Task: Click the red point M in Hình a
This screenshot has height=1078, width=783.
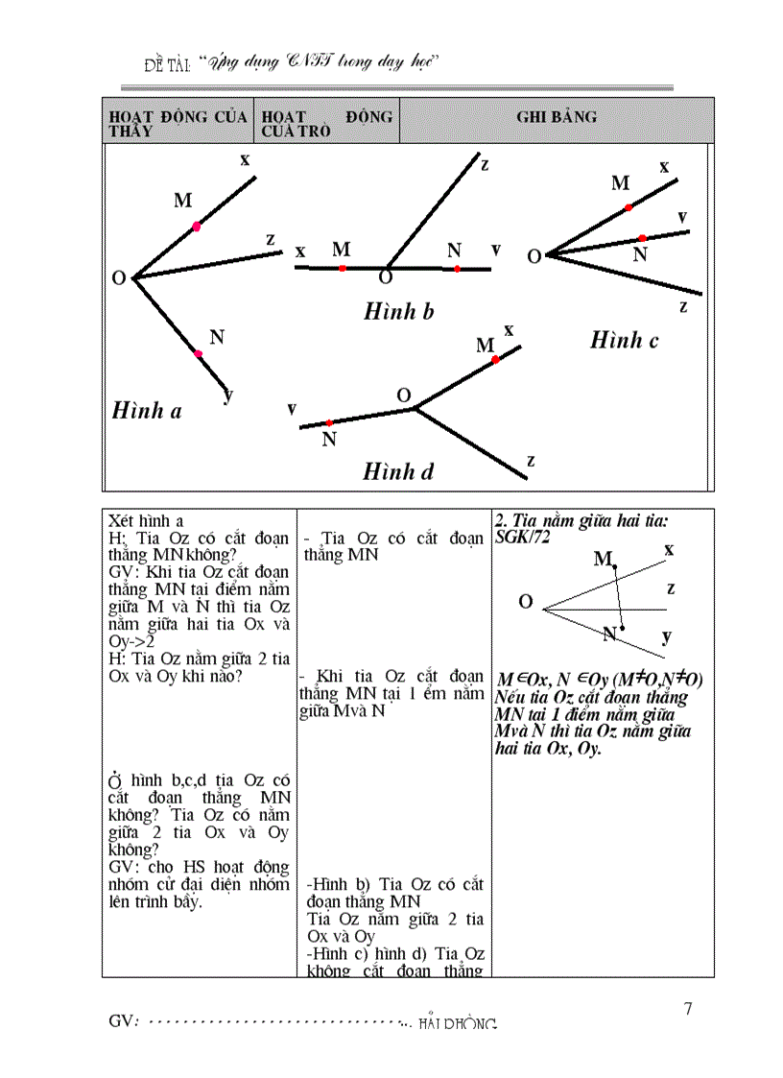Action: click(197, 227)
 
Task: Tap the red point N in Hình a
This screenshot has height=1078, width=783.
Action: click(199, 354)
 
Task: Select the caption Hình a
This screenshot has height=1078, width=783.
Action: click(147, 410)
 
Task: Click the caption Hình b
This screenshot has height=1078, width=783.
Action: click(399, 311)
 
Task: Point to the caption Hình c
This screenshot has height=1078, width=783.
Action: click(624, 340)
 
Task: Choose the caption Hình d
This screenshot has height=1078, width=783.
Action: click(398, 471)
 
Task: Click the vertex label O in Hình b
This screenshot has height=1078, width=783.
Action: click(386, 277)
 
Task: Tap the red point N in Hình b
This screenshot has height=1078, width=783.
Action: click(457, 270)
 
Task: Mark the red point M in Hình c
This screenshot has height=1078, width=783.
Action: click(629, 207)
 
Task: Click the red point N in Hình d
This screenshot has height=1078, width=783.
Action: click(329, 422)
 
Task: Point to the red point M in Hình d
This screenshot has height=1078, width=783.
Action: click(495, 360)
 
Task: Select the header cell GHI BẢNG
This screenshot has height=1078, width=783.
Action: click(557, 117)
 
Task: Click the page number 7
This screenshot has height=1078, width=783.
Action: click(687, 1009)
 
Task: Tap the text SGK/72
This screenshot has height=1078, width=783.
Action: click(519, 538)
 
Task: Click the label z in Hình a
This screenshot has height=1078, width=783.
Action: click(271, 239)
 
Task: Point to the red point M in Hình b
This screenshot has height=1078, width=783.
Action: click(342, 268)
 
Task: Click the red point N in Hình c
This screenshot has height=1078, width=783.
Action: click(642, 237)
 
